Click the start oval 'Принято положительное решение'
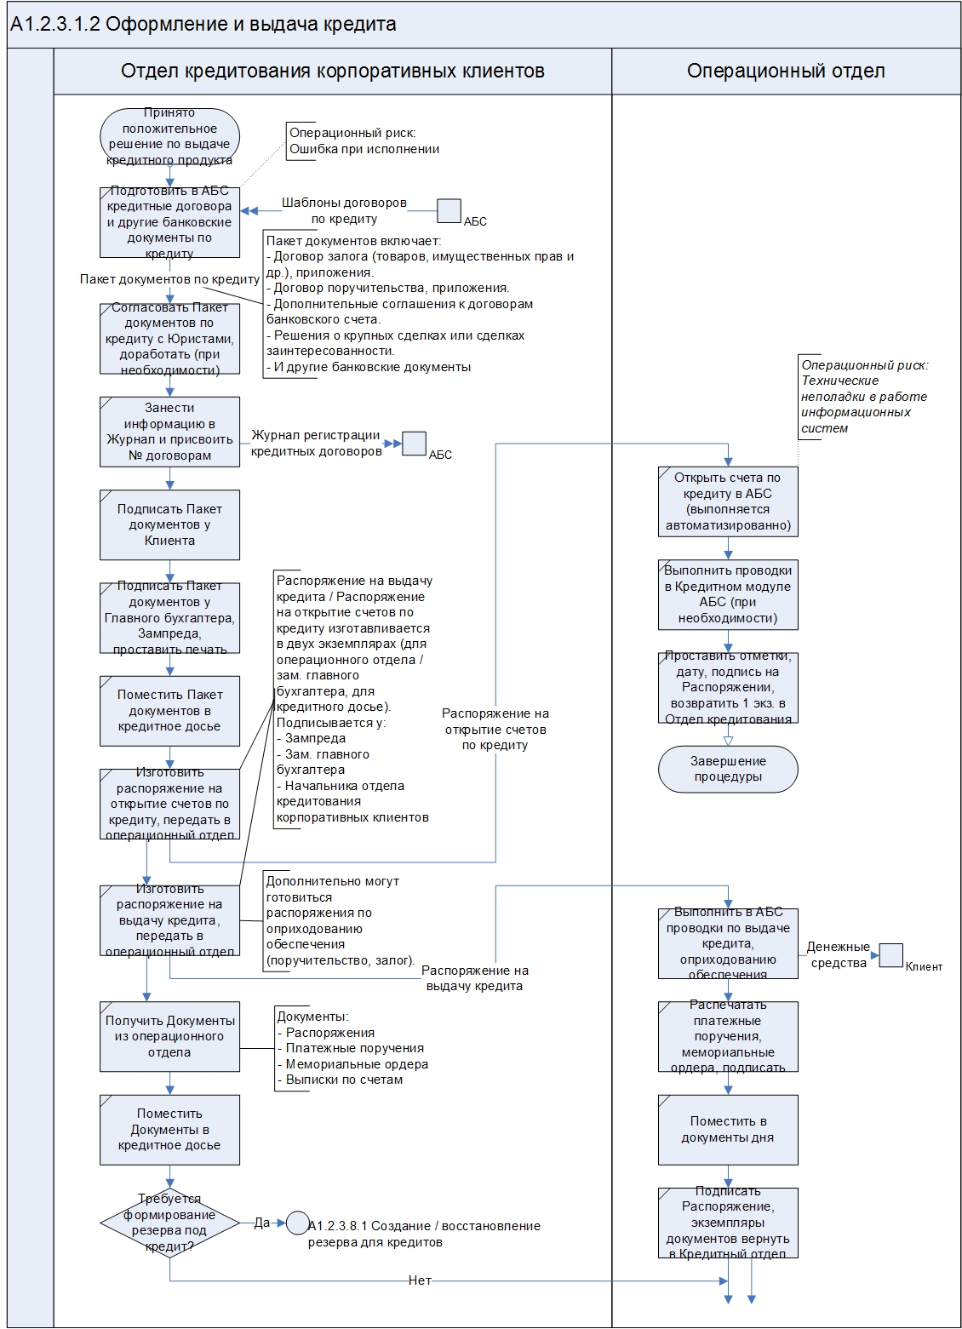[169, 136]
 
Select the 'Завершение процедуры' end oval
[728, 769]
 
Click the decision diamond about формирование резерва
[169, 1223]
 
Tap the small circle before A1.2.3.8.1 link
[297, 1223]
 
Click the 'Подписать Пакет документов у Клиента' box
[169, 524]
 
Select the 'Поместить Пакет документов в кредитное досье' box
[169, 710]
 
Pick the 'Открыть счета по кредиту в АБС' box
[728, 501]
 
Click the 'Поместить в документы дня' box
[728, 1129]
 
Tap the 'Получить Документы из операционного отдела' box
[169, 1036]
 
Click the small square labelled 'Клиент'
[890, 955]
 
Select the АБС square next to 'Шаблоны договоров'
[449, 211]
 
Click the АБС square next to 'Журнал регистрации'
[414, 444]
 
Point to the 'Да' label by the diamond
[262, 1223]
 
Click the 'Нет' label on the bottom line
[420, 1280]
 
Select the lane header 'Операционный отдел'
[786, 71]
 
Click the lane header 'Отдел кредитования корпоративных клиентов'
[333, 71]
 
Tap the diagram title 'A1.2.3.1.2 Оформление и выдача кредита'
[203, 24]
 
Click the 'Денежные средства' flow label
[839, 954]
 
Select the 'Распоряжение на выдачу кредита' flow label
[474, 977]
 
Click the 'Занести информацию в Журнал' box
[169, 432]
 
